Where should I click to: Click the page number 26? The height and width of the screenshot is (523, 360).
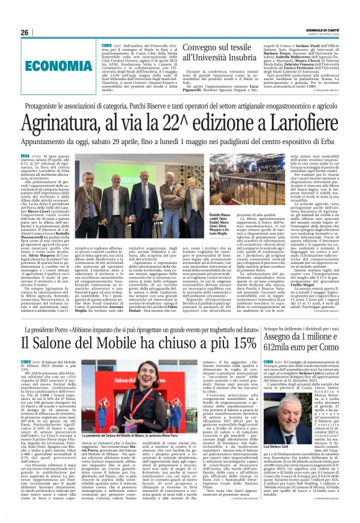point(25,32)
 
